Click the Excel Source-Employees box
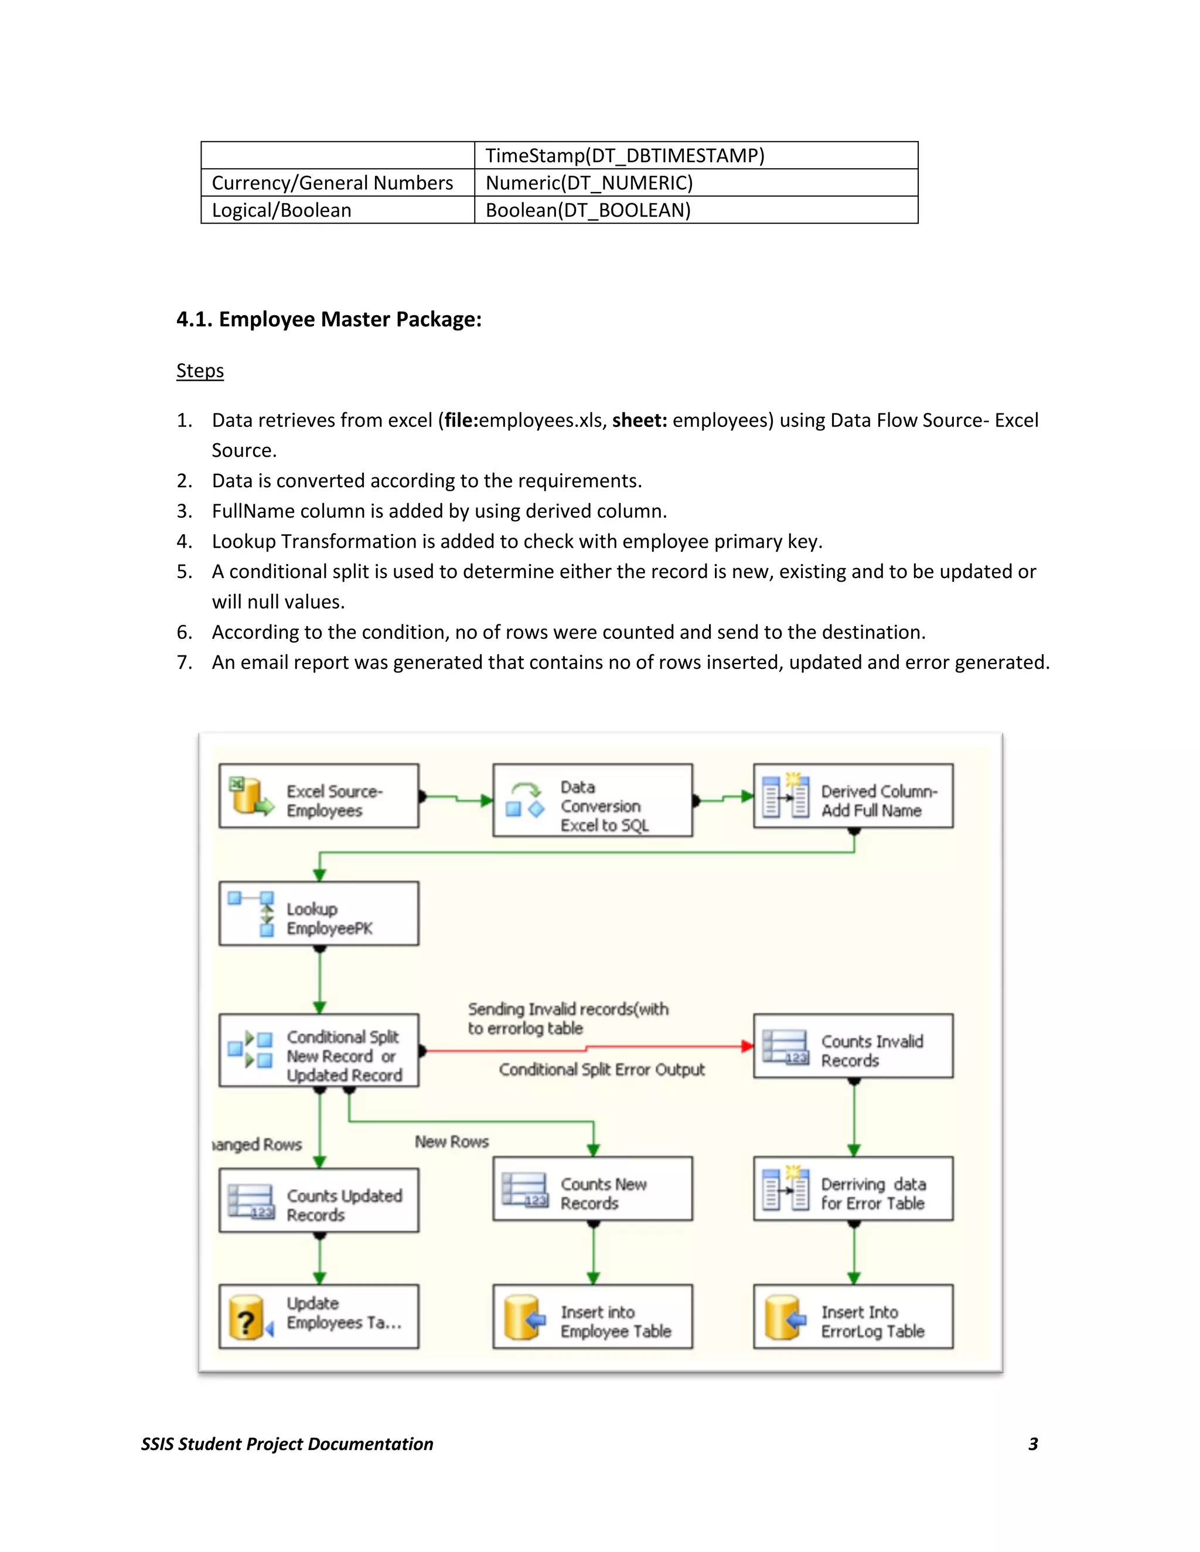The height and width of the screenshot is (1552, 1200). point(319,796)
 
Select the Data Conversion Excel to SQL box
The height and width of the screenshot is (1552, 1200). point(592,800)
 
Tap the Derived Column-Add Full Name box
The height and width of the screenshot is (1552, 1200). point(853,796)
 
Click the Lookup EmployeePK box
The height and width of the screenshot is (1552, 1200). point(319,914)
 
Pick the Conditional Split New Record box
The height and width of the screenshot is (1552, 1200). point(319,1050)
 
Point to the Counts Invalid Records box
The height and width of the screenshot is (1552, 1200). point(853,1046)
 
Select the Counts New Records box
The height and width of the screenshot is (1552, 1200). point(592,1189)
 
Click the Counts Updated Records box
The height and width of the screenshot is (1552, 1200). point(319,1200)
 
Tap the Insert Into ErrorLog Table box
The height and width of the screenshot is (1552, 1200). point(853,1317)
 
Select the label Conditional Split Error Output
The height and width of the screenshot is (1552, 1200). point(601,1070)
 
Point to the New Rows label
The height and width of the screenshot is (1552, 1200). point(452,1142)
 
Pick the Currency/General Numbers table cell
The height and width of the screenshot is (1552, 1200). point(332,183)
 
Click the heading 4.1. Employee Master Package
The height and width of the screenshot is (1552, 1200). point(329,320)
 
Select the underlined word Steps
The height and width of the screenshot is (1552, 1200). point(200,371)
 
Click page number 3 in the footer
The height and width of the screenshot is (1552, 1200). point(1033,1444)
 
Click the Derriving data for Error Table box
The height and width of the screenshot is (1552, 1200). point(853,1189)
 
